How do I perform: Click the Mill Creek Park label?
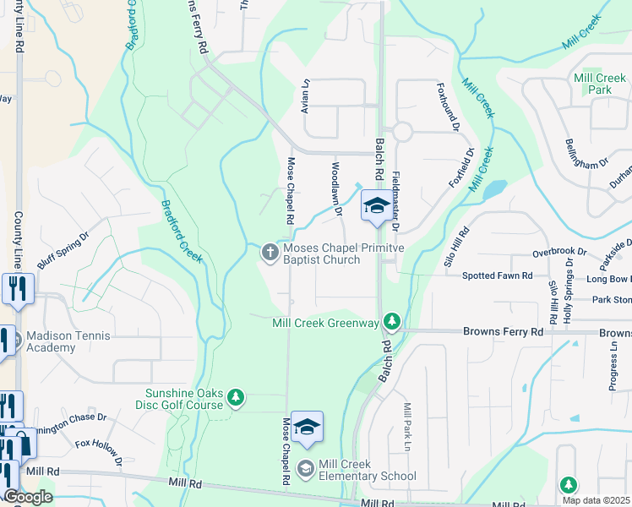click(599, 84)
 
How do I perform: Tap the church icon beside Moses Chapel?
click(270, 251)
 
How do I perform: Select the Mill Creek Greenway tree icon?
click(391, 321)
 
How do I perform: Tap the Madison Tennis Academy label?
click(68, 342)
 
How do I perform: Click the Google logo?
click(27, 497)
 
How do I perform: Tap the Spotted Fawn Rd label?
click(497, 275)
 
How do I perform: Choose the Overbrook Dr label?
click(558, 252)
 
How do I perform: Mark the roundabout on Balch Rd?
click(401, 132)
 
